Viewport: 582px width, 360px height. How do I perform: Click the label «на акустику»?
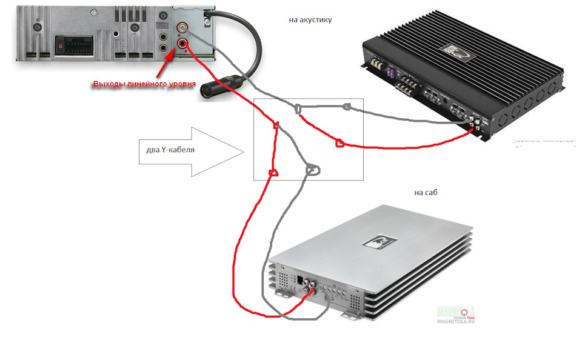click(x=310, y=20)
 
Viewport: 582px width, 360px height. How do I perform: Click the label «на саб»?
click(x=426, y=193)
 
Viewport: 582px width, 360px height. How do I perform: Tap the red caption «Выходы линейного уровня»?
click(x=144, y=84)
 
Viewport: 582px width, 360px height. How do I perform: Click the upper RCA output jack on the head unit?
click(x=182, y=28)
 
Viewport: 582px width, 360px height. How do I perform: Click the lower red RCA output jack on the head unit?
click(x=182, y=42)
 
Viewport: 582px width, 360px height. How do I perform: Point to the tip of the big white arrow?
click(x=243, y=152)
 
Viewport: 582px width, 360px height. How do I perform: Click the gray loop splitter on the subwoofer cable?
click(x=313, y=170)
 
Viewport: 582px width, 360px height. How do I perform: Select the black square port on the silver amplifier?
click(x=301, y=280)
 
